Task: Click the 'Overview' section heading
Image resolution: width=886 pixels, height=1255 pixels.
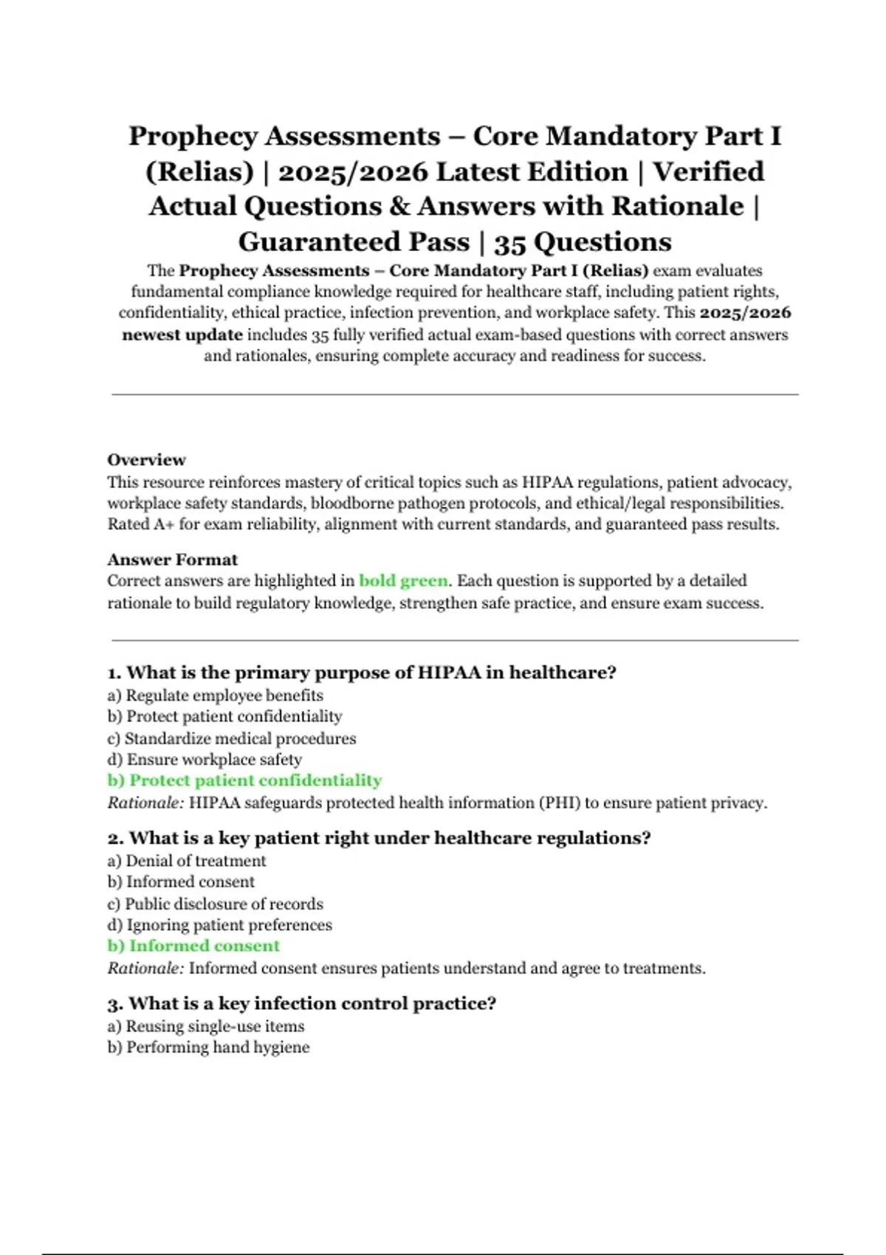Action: (146, 460)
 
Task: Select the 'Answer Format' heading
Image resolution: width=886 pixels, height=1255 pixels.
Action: (172, 560)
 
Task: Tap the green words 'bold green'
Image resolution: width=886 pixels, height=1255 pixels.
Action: (403, 581)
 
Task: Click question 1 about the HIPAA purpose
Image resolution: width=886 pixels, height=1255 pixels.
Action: (362, 673)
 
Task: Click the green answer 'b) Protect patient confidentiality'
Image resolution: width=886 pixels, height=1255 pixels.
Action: (244, 780)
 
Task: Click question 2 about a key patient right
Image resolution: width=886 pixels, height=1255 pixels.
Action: (379, 838)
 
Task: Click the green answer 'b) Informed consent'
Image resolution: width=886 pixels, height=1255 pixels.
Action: (193, 946)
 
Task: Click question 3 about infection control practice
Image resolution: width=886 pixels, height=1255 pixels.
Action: (302, 1003)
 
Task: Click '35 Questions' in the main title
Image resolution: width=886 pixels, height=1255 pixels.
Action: (583, 242)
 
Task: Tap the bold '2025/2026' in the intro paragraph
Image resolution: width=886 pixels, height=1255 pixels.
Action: (745, 313)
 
